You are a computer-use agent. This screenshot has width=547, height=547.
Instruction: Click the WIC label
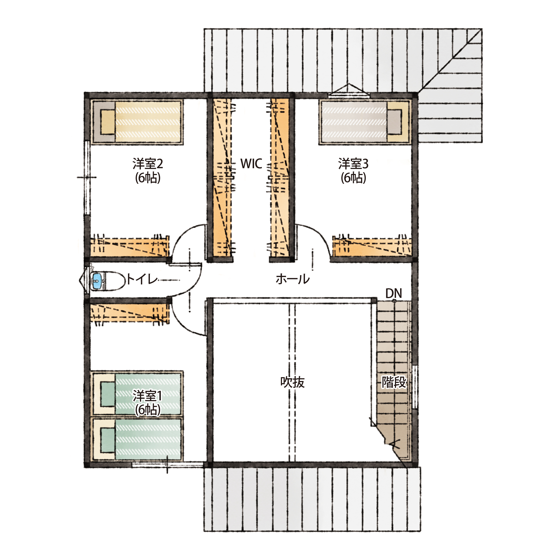pos(251,164)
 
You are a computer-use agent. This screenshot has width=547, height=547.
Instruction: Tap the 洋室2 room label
pos(147,164)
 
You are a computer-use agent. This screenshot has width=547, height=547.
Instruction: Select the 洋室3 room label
pos(353,164)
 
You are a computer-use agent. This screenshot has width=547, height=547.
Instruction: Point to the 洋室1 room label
pos(147,396)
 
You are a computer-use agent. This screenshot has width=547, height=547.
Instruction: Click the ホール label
pos(293,279)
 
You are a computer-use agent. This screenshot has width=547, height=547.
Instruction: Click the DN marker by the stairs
pos(394,293)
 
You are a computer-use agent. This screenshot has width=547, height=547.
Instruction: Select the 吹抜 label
pos(292,382)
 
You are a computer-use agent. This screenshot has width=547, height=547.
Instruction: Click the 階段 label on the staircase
pos(394,382)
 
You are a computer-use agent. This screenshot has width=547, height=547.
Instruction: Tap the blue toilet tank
pos(97,281)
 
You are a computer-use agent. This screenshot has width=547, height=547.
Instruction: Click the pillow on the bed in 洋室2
pos(107,122)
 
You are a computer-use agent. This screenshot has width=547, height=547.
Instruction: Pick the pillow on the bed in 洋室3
pos(394,122)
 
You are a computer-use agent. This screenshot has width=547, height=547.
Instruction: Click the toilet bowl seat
pos(115,281)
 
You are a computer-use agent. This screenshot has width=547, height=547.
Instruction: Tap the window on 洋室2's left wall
pos(87,178)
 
